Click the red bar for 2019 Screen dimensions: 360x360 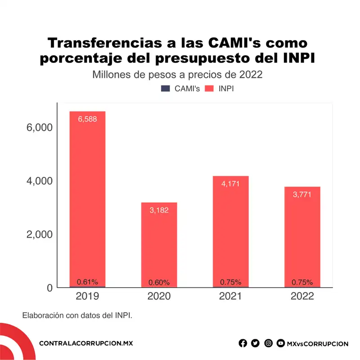[x=87, y=198]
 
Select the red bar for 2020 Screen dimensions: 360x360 [x=159, y=245]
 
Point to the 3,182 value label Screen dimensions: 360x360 [x=159, y=210]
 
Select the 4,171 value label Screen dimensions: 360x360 [x=230, y=184]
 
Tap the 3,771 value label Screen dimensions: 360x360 [x=302, y=194]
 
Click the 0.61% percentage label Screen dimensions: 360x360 [x=87, y=282]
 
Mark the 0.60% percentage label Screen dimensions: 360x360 [x=159, y=283]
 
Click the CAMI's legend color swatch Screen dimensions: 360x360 [x=166, y=89]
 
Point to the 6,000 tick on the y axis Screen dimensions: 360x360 [x=40, y=127]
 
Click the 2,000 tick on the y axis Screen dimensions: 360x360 [x=40, y=234]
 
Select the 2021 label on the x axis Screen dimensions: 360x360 [x=230, y=297]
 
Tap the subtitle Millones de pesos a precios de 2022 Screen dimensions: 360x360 [x=177, y=74]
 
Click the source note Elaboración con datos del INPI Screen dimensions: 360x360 [x=77, y=315]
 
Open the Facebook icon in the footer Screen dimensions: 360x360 [x=243, y=343]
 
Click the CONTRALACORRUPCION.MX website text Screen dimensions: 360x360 [x=86, y=343]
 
